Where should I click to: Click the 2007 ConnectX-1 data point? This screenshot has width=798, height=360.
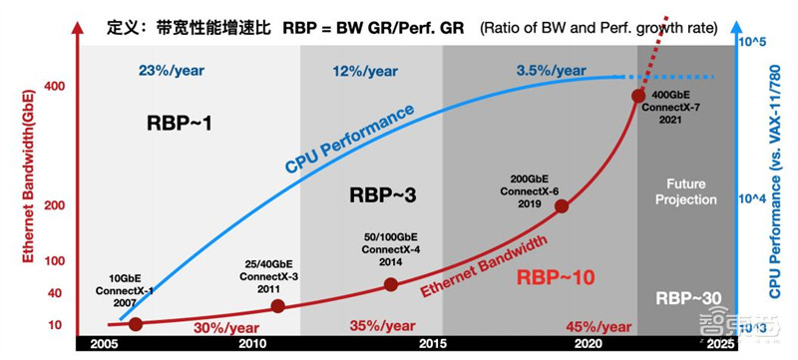136,324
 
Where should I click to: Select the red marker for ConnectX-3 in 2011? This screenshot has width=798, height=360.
277,307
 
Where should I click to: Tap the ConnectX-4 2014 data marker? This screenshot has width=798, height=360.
391,284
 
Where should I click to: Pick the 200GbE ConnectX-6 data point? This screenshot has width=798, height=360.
562,206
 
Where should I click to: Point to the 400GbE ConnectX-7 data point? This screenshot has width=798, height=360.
639,96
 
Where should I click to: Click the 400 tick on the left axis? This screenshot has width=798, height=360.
55,86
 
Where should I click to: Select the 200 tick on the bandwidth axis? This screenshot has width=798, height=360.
55,205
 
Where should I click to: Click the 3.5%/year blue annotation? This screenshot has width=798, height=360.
552,70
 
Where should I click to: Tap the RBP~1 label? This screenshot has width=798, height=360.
180,125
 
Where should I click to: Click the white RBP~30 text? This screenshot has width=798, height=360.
687,298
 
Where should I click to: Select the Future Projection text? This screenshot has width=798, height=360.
686,191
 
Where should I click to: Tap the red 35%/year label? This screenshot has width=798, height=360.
382,325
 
